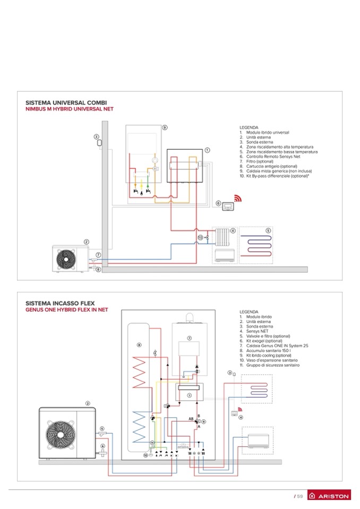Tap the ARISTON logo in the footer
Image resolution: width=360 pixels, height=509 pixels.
coord(330,496)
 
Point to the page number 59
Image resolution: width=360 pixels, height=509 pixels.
coord(299,496)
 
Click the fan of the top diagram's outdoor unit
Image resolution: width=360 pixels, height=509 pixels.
coord(66,260)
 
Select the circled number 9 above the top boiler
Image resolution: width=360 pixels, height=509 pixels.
coord(165,127)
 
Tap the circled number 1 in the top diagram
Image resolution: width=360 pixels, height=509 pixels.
coord(207,150)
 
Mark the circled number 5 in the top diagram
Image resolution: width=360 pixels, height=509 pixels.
coord(268,231)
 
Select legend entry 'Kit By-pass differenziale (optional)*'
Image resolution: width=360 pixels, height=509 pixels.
coord(278,176)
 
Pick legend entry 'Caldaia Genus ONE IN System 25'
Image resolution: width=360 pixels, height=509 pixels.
coord(275,346)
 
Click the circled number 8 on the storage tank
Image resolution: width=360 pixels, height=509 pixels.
coord(139,345)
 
